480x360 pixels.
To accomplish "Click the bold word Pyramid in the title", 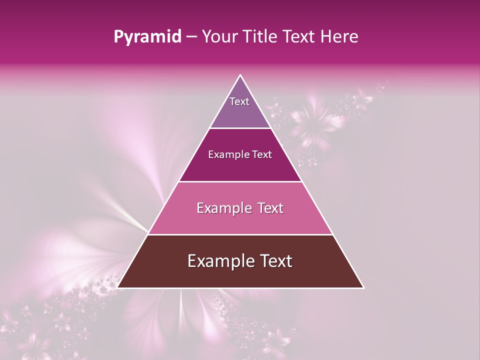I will coord(147,37).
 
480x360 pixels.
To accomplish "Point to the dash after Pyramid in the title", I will coord(191,37).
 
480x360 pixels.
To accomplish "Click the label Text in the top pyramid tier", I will coord(239,101).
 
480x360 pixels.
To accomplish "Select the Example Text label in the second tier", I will coord(240,154).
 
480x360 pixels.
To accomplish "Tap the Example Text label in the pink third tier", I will coord(240,208).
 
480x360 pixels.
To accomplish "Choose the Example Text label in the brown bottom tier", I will coord(240,261).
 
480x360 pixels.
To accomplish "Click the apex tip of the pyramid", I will coord(240,75).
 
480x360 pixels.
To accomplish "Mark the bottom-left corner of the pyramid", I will coord(118,287).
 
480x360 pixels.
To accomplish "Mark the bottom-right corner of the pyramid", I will coord(363,287).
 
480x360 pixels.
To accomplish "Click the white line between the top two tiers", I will coord(240,128).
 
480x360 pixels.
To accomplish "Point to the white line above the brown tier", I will coord(240,234).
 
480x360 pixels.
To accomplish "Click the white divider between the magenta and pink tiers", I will coord(240,181).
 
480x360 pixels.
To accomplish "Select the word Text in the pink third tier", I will coord(269,208).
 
